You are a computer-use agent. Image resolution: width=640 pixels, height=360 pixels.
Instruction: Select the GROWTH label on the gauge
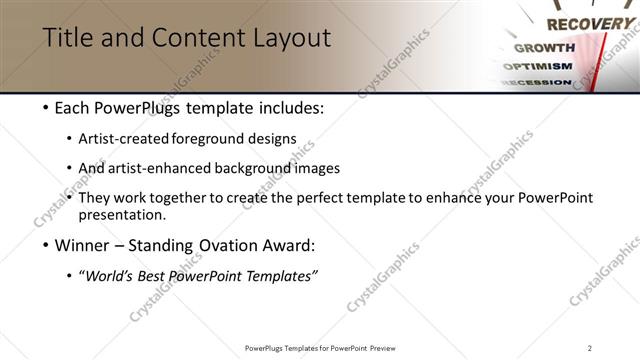point(544,47)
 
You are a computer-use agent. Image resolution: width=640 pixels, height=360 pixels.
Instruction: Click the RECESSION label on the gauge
point(536,82)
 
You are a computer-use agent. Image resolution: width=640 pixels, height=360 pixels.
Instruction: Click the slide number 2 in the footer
point(590,348)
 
